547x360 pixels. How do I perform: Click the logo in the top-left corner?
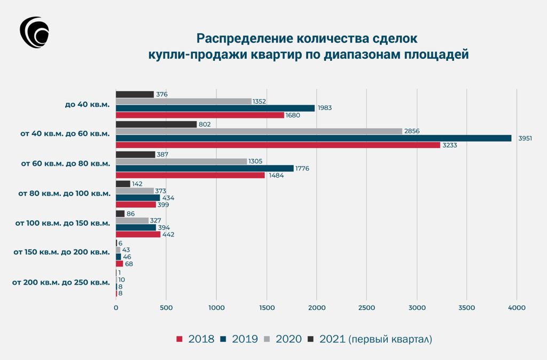pyautogui.click(x=34, y=33)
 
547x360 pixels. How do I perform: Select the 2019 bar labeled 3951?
pyautogui.click(x=314, y=138)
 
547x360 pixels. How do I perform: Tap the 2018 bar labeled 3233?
pyautogui.click(x=278, y=145)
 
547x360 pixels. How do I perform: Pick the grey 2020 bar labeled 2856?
pyautogui.click(x=259, y=131)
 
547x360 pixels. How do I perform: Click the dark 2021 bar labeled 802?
pyautogui.click(x=156, y=124)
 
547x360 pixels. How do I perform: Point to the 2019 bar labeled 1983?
pyautogui.click(x=215, y=108)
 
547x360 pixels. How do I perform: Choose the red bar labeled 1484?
pyautogui.click(x=190, y=175)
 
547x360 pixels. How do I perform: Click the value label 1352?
pyautogui.click(x=259, y=101)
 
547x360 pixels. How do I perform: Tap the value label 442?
pyautogui.click(x=168, y=234)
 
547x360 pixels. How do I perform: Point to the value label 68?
pyautogui.click(x=129, y=264)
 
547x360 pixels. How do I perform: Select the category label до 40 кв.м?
pyautogui.click(x=88, y=104)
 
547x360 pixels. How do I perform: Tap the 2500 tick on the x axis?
pyautogui.click(x=366, y=308)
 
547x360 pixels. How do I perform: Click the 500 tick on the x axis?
pyautogui.click(x=166, y=308)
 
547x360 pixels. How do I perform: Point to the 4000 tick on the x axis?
pyautogui.click(x=517, y=308)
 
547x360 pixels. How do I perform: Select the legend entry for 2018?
pyautogui.click(x=196, y=339)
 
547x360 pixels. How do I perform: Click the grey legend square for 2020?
pyautogui.click(x=268, y=339)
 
